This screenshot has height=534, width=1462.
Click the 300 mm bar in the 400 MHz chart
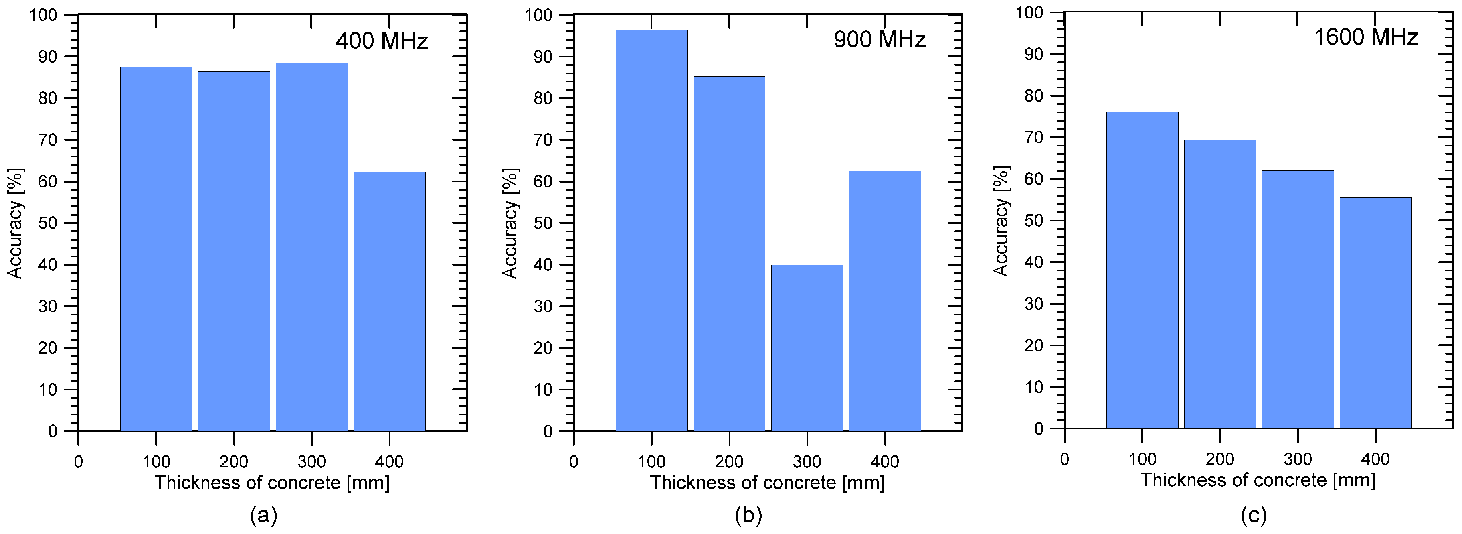[311, 247]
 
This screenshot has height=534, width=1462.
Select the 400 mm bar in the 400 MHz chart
[389, 301]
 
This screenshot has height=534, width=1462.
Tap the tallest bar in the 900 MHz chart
[651, 230]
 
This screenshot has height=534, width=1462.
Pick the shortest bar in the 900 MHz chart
[807, 348]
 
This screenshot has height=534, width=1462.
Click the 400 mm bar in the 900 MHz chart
[885, 301]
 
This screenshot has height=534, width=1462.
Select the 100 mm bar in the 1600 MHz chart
[1142, 270]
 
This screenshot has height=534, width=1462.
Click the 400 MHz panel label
[381, 41]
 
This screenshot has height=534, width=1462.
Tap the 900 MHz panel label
[879, 40]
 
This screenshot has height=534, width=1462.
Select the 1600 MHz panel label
[1366, 37]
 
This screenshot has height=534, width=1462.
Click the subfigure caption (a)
[263, 516]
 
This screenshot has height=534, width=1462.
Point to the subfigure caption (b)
[748, 516]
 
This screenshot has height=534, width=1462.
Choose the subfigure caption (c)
[1253, 516]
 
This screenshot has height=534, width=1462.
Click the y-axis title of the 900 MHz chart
[510, 223]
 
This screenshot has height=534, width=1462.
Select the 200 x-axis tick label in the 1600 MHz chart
[1219, 459]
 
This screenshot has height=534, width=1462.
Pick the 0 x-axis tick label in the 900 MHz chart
[573, 462]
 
